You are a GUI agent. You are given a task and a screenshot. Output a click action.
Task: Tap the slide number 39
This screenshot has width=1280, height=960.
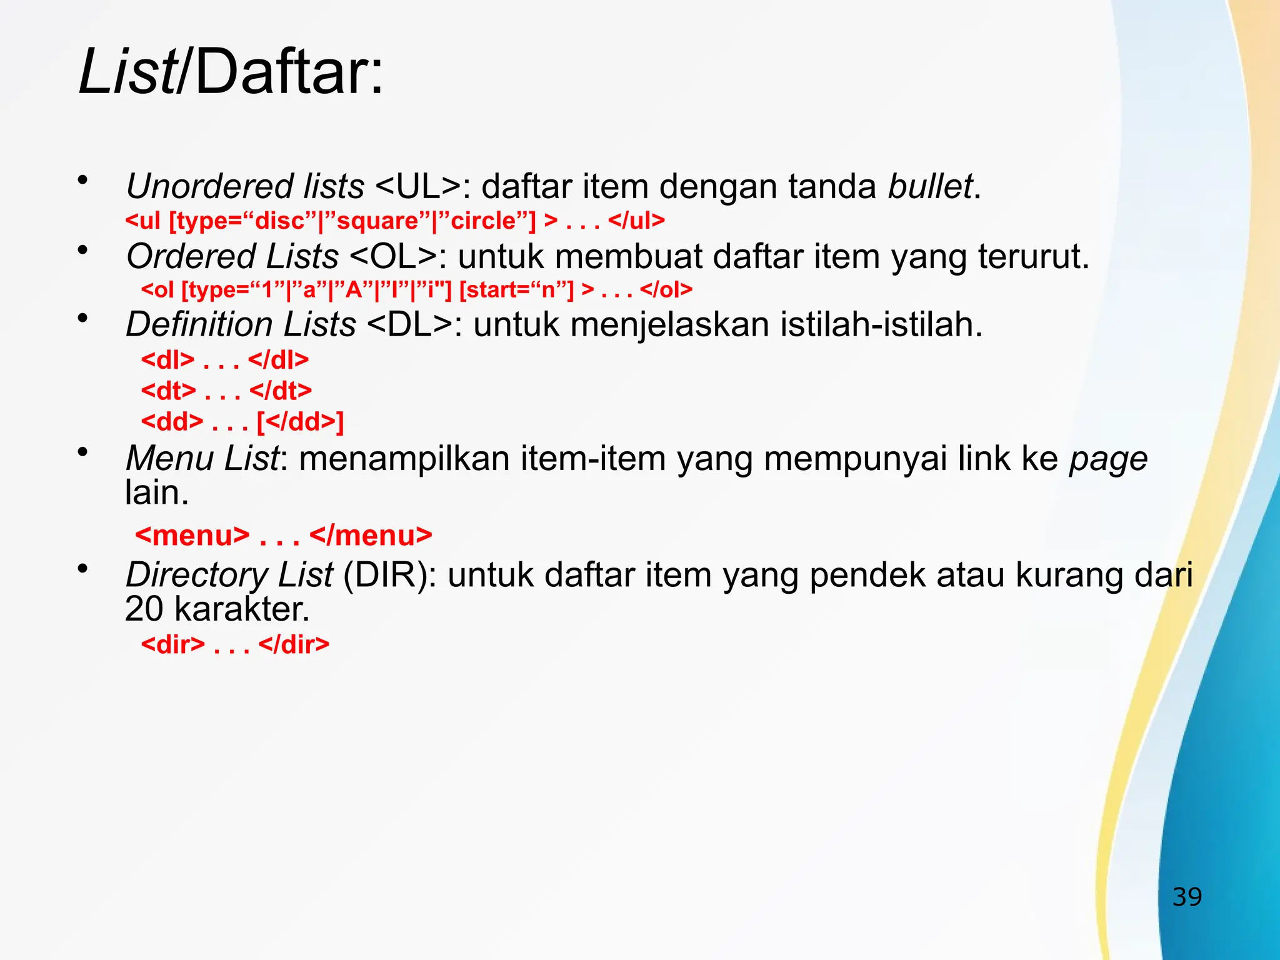pos(1187,897)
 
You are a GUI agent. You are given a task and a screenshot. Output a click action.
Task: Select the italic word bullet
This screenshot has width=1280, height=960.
pos(930,186)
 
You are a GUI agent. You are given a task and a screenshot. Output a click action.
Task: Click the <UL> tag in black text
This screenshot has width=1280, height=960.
pos(418,186)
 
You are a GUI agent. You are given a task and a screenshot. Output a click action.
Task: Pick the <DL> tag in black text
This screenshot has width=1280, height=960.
pos(409,324)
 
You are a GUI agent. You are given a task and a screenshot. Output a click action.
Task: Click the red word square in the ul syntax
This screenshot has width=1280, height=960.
pos(377,221)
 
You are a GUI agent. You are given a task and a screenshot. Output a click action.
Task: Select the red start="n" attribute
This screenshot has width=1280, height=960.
pos(516,290)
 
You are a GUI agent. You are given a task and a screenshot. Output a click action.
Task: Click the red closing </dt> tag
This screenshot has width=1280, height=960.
pos(280,391)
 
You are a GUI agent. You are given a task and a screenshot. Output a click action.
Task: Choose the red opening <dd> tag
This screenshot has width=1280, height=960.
pos(172,422)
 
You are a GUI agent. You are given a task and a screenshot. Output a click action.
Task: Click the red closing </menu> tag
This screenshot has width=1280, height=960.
pos(371,536)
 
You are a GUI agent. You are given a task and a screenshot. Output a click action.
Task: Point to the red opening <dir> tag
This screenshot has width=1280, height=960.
pos(172,644)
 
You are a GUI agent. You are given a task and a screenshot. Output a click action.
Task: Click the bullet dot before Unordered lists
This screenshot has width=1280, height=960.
pos(82,181)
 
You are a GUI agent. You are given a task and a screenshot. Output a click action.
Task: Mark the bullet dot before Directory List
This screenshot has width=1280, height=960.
pos(82,569)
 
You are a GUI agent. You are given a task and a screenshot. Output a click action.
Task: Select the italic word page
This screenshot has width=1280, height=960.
pos(1108,459)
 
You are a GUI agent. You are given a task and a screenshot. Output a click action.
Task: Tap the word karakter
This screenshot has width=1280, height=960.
pos(242,609)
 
